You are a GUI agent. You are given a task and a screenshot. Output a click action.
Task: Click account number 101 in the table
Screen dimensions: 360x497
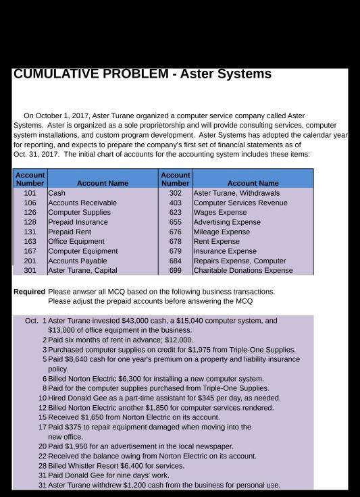click(x=30, y=193)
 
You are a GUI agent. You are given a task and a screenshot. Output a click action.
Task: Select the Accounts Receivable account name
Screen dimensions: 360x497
click(x=82, y=203)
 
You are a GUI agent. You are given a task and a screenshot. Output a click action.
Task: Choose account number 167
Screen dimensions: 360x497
click(x=30, y=251)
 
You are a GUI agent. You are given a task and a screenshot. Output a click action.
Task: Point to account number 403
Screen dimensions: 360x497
click(x=176, y=203)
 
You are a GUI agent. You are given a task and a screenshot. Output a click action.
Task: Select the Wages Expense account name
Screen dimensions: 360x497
click(x=220, y=213)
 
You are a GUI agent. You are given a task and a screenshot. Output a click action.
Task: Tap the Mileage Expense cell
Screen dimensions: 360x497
click(x=222, y=232)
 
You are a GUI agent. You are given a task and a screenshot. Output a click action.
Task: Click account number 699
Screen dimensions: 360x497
click(x=176, y=271)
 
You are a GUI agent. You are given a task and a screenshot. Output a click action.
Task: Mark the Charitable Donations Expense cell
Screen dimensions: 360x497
click(x=243, y=271)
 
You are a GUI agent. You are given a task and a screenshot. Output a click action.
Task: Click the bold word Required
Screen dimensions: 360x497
click(x=28, y=292)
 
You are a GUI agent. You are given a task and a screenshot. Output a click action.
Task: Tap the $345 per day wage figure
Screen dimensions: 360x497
click(x=203, y=398)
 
